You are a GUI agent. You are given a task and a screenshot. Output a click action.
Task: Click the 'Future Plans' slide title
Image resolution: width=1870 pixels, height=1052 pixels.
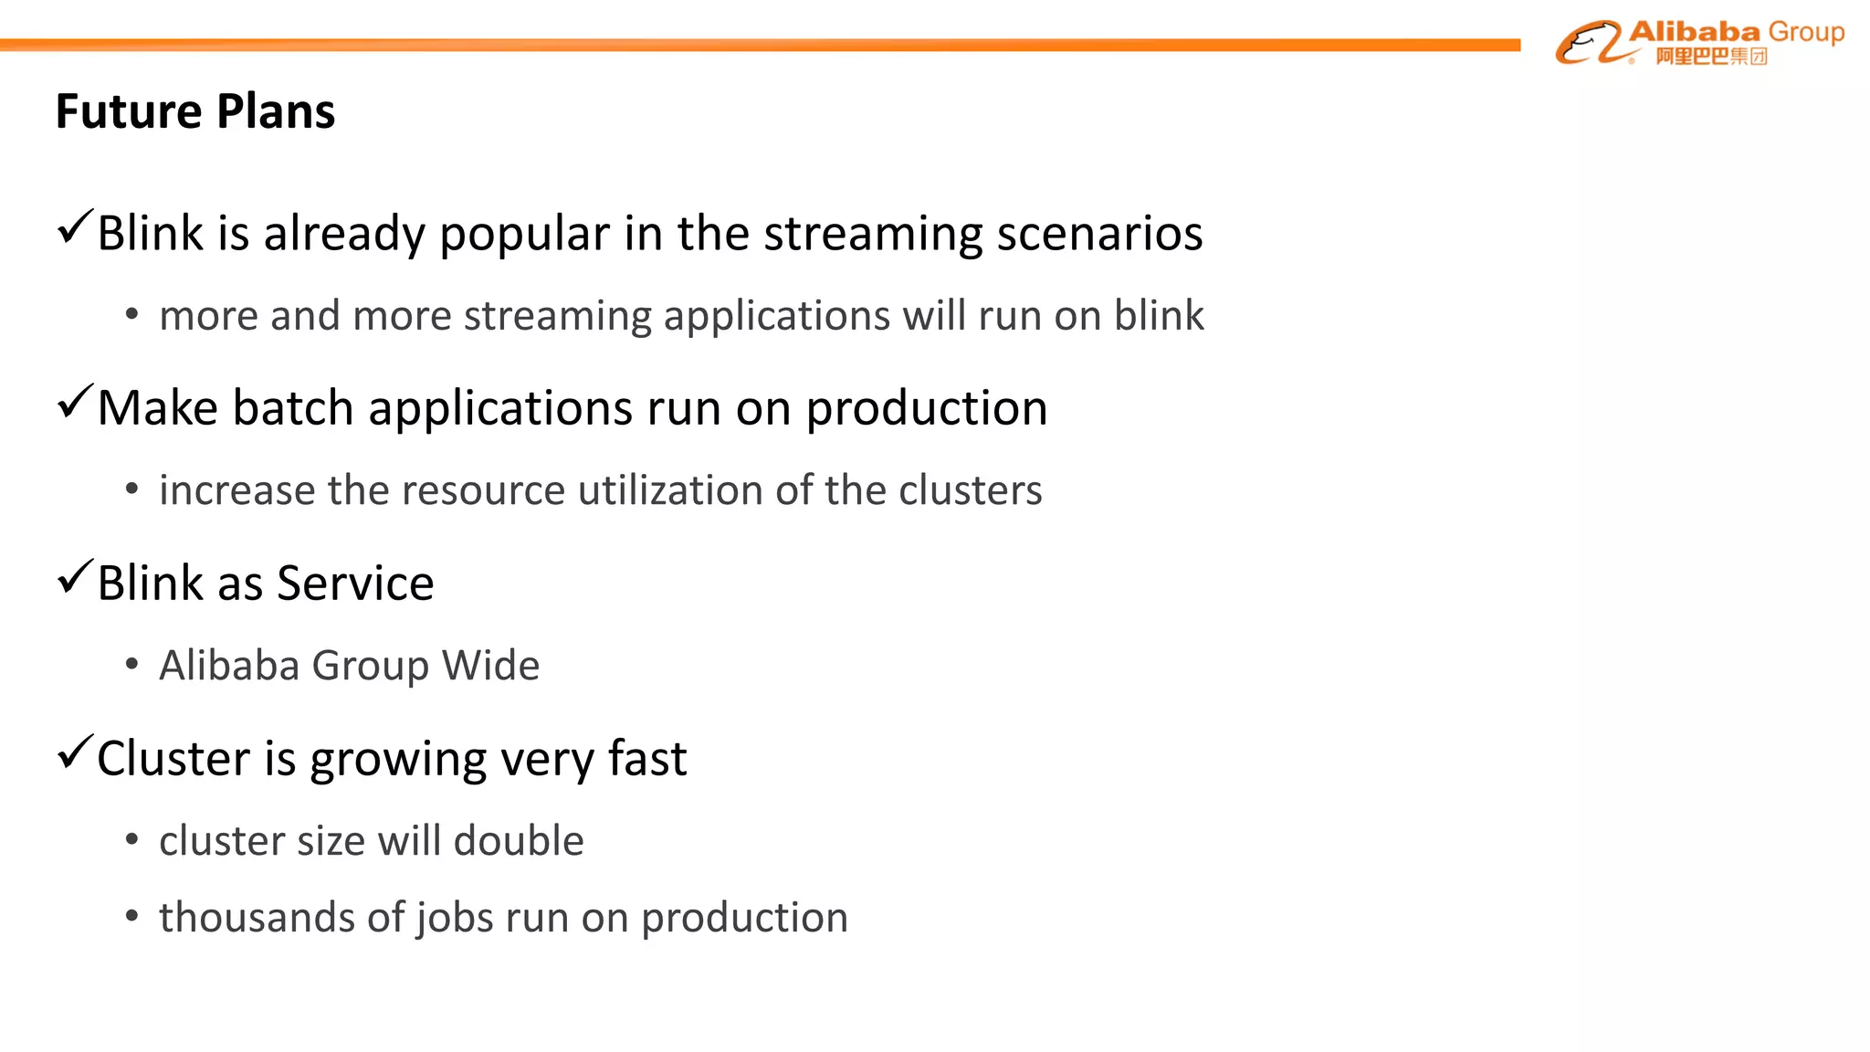pyautogui.click(x=195, y=111)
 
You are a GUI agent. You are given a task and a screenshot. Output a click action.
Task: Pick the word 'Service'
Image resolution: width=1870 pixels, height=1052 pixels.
pyautogui.click(x=355, y=584)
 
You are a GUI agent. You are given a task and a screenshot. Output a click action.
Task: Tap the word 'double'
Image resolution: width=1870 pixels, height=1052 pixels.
pyautogui.click(x=519, y=840)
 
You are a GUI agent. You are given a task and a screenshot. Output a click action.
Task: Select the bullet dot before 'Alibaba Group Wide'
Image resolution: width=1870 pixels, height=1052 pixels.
pyautogui.click(x=132, y=665)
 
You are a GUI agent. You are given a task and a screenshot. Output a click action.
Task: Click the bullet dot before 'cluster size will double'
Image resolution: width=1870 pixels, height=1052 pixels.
pyautogui.click(x=132, y=840)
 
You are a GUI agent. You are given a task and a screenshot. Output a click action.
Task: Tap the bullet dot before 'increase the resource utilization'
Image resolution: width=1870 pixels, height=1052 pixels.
pyautogui.click(x=132, y=490)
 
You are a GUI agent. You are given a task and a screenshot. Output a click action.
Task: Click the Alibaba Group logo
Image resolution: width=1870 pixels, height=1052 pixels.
pyautogui.click(x=1699, y=43)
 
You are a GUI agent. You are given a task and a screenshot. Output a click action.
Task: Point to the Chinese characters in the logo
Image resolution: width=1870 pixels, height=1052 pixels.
pyautogui.click(x=1711, y=57)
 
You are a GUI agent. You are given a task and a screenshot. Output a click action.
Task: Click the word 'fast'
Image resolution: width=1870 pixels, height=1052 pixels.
pyautogui.click(x=646, y=759)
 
